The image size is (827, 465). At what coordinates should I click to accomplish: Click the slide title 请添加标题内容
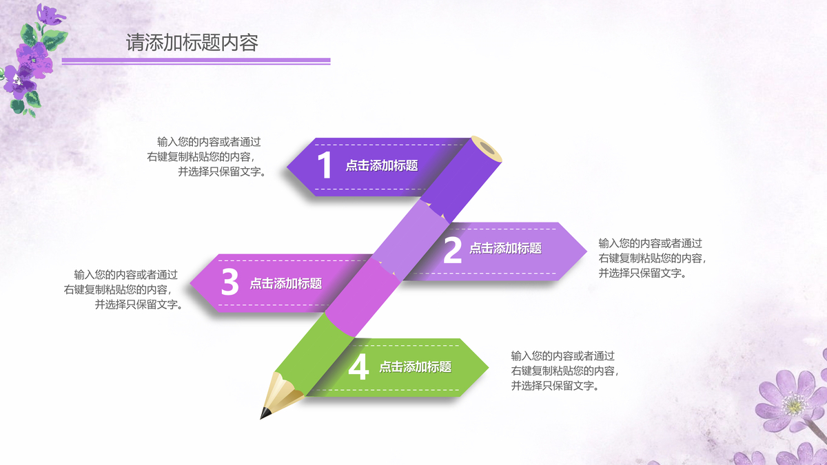pyautogui.click(x=192, y=43)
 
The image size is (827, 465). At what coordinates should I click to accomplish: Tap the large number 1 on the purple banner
pyautogui.click(x=325, y=166)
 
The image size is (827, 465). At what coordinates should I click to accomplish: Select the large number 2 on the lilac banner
pyautogui.click(x=452, y=251)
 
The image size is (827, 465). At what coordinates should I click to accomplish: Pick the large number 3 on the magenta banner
pyautogui.click(x=230, y=282)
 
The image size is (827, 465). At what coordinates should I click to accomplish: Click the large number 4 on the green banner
pyautogui.click(x=358, y=367)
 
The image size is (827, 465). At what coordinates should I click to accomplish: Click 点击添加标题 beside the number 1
pyautogui.click(x=382, y=165)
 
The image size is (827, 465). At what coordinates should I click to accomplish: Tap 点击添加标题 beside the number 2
pyautogui.click(x=505, y=249)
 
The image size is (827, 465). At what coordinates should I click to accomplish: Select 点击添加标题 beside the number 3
pyautogui.click(x=285, y=283)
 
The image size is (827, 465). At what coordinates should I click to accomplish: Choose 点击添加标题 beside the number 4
pyautogui.click(x=415, y=367)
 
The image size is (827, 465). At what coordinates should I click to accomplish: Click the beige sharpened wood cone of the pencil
pyautogui.click(x=282, y=392)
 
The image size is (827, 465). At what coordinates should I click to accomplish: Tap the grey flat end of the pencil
pyautogui.click(x=487, y=148)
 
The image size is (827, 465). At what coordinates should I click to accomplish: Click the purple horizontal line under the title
pyautogui.click(x=196, y=61)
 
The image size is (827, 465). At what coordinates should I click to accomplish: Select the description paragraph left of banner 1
pyautogui.click(x=207, y=157)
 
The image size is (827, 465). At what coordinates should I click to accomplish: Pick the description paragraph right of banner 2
pyautogui.click(x=651, y=258)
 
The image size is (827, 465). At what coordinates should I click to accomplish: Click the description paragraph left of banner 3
pyautogui.click(x=124, y=289)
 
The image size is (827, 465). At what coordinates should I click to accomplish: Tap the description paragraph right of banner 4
pyautogui.click(x=564, y=371)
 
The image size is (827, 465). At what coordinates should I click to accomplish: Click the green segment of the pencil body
pyautogui.click(x=314, y=351)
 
